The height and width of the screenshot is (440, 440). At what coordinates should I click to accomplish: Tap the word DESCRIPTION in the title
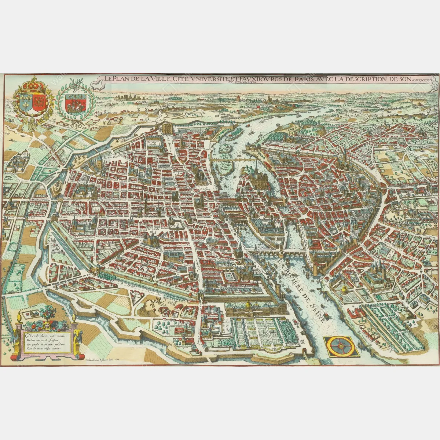pyautogui.click(x=362, y=79)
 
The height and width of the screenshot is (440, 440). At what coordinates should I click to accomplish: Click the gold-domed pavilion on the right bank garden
pyautogui.click(x=344, y=291)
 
